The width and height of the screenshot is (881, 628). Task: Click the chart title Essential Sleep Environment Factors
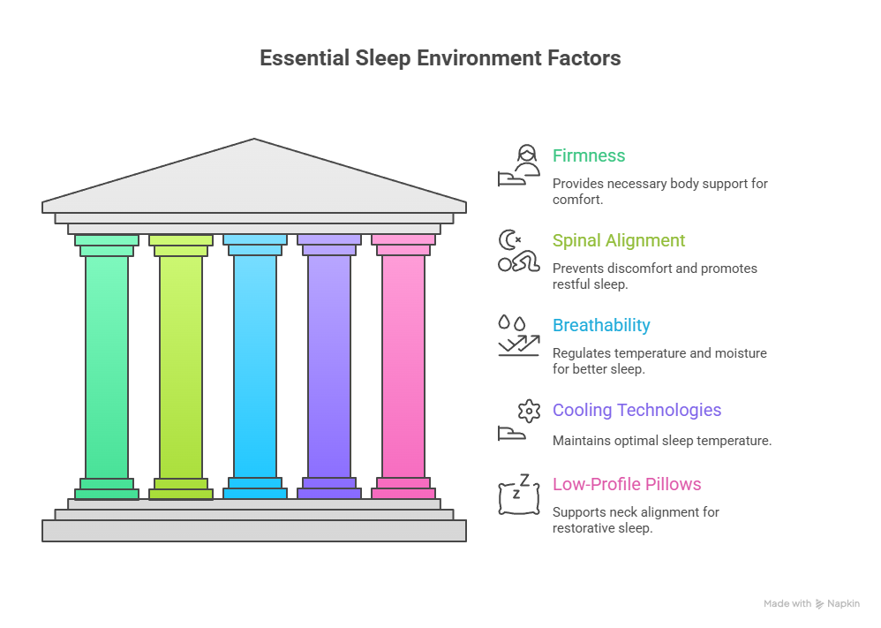tap(440, 58)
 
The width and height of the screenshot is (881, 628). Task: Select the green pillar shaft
tap(107, 367)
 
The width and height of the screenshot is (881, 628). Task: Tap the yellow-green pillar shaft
tap(181, 367)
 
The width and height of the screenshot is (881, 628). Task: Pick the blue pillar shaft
tap(255, 367)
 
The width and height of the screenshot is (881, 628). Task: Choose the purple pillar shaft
tap(329, 367)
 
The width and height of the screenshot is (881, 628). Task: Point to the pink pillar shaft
tap(403, 367)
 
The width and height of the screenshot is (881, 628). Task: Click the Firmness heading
tap(589, 156)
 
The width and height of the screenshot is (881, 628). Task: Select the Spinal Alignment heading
tap(619, 240)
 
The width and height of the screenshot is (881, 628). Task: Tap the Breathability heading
tap(601, 325)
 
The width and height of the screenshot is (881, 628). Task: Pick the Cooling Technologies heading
tap(636, 410)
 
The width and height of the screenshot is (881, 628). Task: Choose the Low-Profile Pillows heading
tap(627, 484)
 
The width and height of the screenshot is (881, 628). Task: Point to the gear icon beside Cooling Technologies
tap(529, 410)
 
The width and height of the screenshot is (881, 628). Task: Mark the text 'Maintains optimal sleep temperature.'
tap(661, 440)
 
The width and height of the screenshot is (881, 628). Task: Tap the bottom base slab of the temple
tap(254, 530)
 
